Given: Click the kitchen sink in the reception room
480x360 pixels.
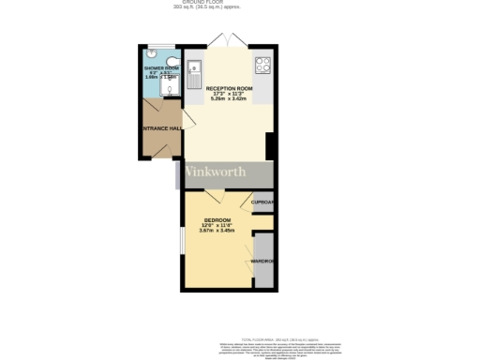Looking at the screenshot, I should point(195,69).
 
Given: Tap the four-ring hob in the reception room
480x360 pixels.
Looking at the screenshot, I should point(262,67).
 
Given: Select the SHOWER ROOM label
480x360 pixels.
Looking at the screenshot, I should point(160,69).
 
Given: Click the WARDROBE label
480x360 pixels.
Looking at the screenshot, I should point(262,261).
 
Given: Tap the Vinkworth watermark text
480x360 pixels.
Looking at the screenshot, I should point(215,172).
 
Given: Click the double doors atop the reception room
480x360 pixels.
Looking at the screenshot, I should point(221,40).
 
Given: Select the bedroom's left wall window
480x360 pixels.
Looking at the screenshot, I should point(181,238).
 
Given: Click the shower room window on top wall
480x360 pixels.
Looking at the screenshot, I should point(160,47).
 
